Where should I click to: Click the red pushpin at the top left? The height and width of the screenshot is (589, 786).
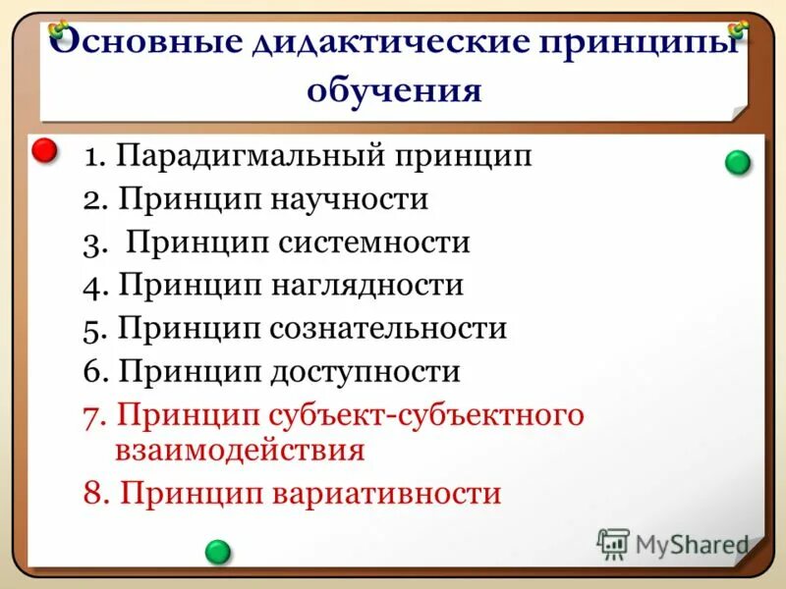coord(45,152)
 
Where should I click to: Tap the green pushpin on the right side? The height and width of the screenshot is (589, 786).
coord(738,163)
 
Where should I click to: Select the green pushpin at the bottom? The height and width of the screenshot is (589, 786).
coord(218,552)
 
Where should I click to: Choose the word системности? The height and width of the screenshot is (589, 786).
coord(383,242)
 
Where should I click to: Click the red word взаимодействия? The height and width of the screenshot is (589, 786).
coord(241,451)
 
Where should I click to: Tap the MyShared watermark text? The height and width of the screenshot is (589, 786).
coord(692,543)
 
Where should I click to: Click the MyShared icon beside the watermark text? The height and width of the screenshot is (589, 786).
coord(613,543)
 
